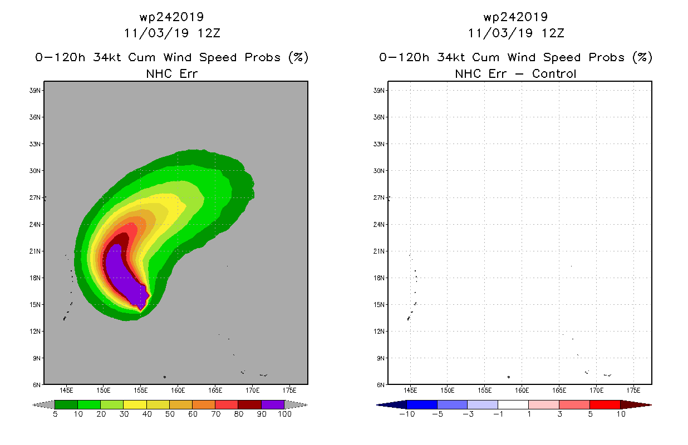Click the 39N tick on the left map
pos(35,91)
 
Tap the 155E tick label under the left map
pos(141,390)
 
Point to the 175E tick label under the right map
pos(633,390)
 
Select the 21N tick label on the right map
pos(379,251)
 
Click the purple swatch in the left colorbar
pos(273,405)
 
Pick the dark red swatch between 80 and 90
pos(250,405)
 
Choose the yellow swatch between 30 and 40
pos(135,405)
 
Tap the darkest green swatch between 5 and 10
pos(66,405)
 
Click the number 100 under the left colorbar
pos(284,414)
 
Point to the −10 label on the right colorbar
pos(407,414)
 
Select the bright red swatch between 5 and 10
pos(605,405)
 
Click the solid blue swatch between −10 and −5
pos(422,405)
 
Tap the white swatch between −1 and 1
pos(513,405)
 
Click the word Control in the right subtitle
pos(554,74)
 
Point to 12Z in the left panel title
pos(209,33)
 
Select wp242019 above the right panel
pos(515,17)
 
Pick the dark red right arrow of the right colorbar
pos(636,405)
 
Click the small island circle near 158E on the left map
pos(165,377)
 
